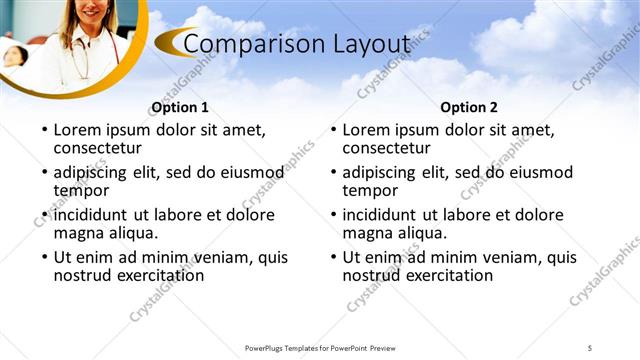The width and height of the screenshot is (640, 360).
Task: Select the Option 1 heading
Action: pyautogui.click(x=180, y=107)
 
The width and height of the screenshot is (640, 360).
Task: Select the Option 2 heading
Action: pyautogui.click(x=468, y=107)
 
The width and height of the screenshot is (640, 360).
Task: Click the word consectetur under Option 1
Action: pyautogui.click(x=99, y=148)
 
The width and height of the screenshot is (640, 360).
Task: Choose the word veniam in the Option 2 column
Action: pyautogui.click(x=512, y=257)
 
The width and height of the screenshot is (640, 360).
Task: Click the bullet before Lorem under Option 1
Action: pyautogui.click(x=43, y=130)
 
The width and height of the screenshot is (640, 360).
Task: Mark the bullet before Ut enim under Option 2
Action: pyautogui.click(x=332, y=258)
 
